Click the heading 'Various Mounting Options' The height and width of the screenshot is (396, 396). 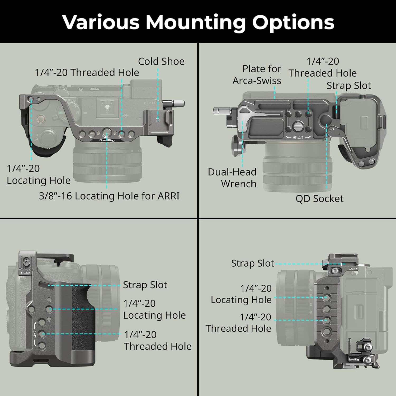point(198,22)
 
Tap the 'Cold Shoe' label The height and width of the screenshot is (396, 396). point(161,61)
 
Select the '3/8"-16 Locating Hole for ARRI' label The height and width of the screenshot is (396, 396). point(109,196)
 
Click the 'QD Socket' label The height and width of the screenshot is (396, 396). point(319,199)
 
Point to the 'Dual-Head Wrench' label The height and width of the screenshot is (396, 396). point(232,178)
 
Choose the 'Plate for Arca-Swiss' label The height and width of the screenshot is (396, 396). point(257,74)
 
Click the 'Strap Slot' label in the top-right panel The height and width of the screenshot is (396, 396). point(349,86)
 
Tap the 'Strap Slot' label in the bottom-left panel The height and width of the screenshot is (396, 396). point(145,285)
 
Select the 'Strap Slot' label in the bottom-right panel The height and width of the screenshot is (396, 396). point(252,263)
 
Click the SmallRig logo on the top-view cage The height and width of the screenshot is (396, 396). point(107,140)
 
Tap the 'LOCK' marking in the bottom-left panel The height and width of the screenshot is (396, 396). point(26,273)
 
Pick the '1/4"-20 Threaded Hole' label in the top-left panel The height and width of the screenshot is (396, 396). point(87,72)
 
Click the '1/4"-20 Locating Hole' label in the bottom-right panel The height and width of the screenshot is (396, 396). point(241,294)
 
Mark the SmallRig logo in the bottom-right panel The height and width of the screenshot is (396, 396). point(353,359)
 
